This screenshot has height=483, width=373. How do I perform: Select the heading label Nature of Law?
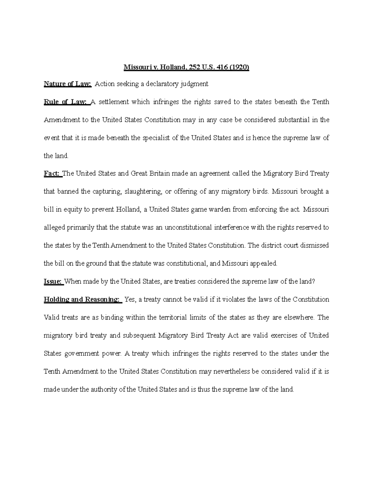[x=67, y=84]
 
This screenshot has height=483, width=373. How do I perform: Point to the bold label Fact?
[x=53, y=174]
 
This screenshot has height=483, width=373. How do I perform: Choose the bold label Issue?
[x=53, y=281]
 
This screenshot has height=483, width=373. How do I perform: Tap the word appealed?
[x=263, y=263]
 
